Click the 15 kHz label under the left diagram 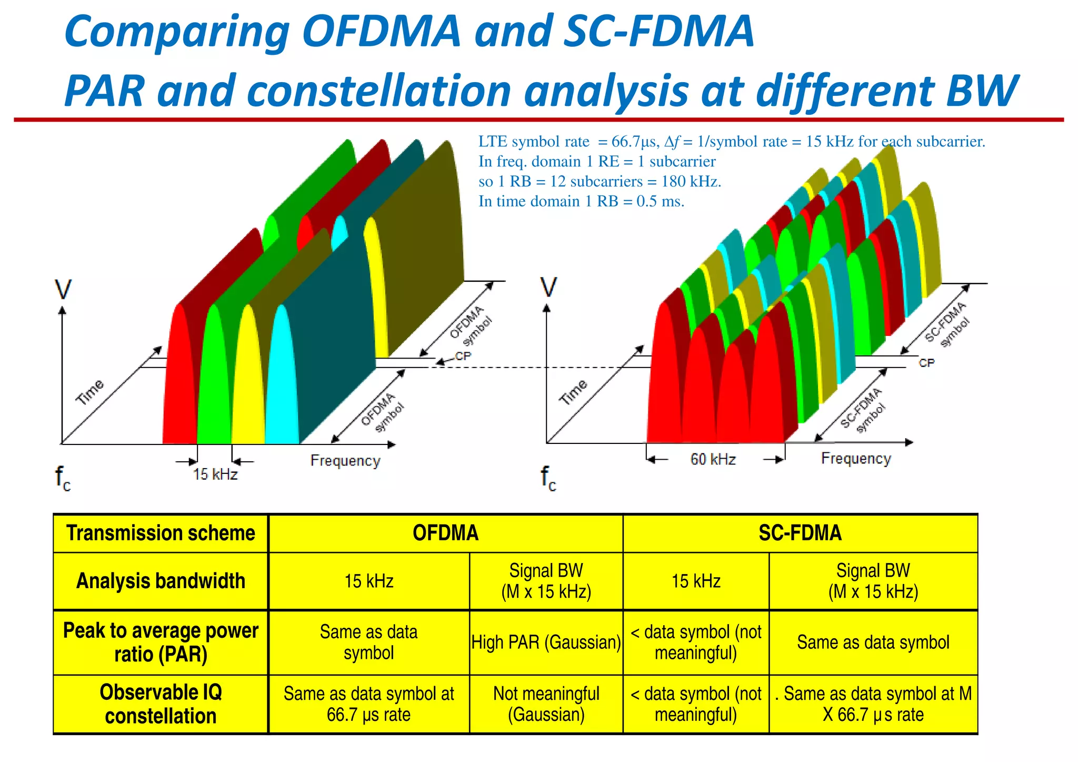coord(215,474)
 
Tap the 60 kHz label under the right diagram coord(713,459)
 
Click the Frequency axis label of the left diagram coord(345,461)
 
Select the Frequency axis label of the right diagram coord(855,459)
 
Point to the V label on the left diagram coord(63,290)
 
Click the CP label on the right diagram coord(926,363)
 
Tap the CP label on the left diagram coord(463,357)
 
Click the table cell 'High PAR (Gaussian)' coord(546,642)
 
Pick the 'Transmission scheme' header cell coord(161,533)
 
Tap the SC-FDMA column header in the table coord(800,533)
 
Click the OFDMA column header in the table coord(445,533)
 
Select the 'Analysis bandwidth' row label coord(161,581)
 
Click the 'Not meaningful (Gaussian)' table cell coord(546,704)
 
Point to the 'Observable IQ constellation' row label coord(161,704)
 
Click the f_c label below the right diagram coord(548,478)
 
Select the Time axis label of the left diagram coord(90,392)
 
